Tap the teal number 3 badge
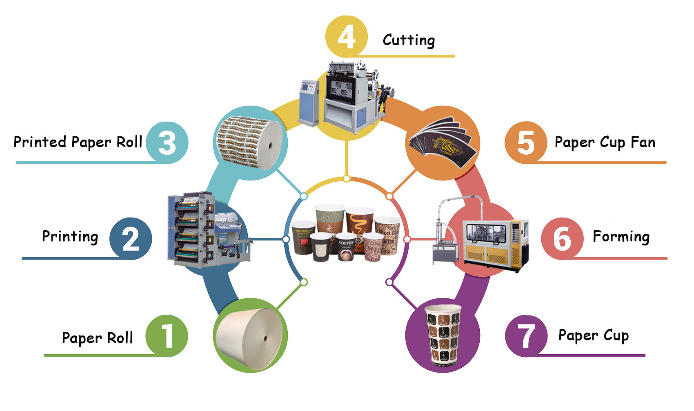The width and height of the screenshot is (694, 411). tap(167, 142)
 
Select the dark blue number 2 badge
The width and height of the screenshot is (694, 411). tap(130, 238)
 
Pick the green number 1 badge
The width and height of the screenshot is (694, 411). tap(167, 336)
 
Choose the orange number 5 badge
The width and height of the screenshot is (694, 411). tap(525, 142)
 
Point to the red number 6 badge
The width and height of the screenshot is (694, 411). tap(562, 238)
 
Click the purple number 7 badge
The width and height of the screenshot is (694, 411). tap(526, 336)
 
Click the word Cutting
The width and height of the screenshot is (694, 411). tap(409, 40)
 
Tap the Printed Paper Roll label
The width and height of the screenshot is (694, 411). tap(78, 142)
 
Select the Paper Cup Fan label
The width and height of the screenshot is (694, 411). tap(605, 142)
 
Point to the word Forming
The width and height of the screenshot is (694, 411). tap(621, 237)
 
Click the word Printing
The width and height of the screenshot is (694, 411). tap(70, 237)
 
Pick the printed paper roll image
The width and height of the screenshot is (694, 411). tap(250, 143)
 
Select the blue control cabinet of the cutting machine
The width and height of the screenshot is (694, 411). tap(309, 102)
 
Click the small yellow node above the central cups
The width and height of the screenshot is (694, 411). tap(346, 179)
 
